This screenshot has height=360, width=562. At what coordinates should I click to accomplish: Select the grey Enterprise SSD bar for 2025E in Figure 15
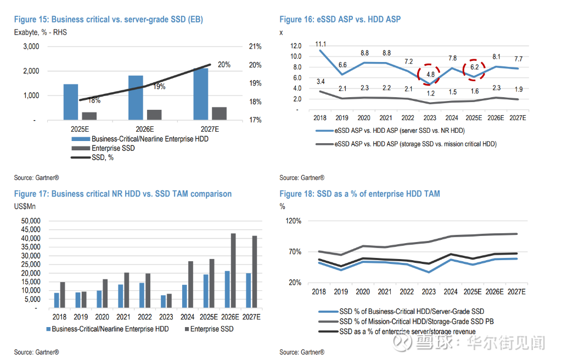point(89,116)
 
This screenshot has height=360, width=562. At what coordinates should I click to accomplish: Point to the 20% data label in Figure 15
point(224,65)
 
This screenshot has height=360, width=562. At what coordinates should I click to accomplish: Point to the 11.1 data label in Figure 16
point(321,44)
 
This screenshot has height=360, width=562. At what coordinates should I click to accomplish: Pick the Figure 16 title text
point(340,19)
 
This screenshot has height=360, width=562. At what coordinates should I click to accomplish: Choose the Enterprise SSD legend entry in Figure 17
point(211,329)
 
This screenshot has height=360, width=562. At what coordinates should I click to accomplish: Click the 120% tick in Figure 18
point(294,221)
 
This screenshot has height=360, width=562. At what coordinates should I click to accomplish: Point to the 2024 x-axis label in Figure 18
point(452,292)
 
